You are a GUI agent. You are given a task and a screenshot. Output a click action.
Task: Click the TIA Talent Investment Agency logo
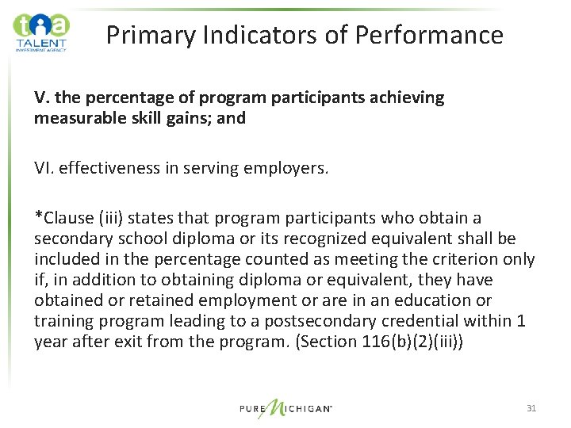click(41, 32)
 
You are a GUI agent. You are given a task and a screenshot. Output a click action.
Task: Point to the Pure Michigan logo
click(285, 409)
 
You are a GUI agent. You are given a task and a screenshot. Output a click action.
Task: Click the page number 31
click(531, 408)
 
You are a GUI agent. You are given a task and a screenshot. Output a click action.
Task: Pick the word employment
click(232, 300)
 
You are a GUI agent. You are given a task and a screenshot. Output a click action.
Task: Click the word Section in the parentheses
click(343, 342)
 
